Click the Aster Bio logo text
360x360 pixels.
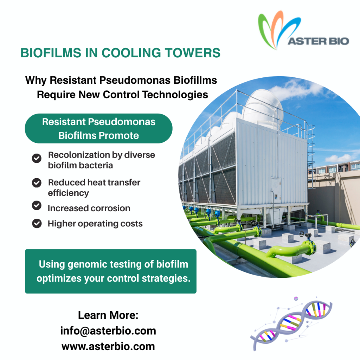pos(318,41)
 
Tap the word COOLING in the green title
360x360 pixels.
pos(131,53)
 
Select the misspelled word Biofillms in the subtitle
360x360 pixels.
pos(195,81)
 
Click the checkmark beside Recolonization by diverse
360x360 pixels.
pos(37,158)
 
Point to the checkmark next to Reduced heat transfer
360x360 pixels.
pos(37,183)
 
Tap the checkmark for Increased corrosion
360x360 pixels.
pos(37,205)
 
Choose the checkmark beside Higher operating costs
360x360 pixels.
pos(37,223)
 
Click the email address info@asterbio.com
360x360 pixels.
pos(108,331)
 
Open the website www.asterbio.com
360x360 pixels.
pos(108,346)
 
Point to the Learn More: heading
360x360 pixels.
pos(108,315)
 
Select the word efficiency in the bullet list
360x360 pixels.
pos(69,193)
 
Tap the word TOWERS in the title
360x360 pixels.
pos(193,53)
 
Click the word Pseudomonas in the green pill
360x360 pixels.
pos(122,122)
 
